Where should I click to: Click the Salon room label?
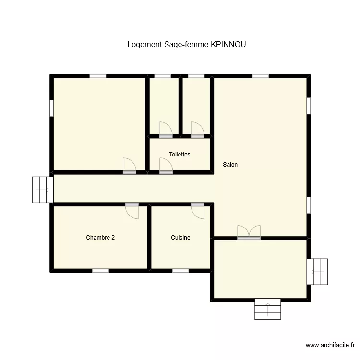pyautogui.click(x=230, y=164)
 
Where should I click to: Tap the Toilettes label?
pyautogui.click(x=180, y=154)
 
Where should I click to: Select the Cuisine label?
pyautogui.click(x=180, y=238)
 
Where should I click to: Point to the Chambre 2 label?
pyautogui.click(x=100, y=238)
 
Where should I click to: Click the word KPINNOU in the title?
pyautogui.click(x=228, y=44)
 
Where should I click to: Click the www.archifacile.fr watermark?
pyautogui.click(x=330, y=345)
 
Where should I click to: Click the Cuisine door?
pyautogui.click(x=197, y=211)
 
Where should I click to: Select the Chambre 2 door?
pyautogui.click(x=132, y=211)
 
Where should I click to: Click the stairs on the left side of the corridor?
pyautogui.click(x=43, y=190)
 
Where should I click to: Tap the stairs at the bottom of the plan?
pyautogui.click(x=268, y=309)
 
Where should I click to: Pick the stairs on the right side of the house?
pyautogui.click(x=317, y=272)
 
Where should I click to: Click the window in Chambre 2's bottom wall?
pyautogui.click(x=101, y=271)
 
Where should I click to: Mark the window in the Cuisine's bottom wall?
pyautogui.click(x=180, y=271)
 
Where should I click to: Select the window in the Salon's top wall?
pyautogui.click(x=260, y=76)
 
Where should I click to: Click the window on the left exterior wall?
pyautogui.click(x=52, y=108)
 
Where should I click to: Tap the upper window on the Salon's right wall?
pyautogui.click(x=309, y=106)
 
